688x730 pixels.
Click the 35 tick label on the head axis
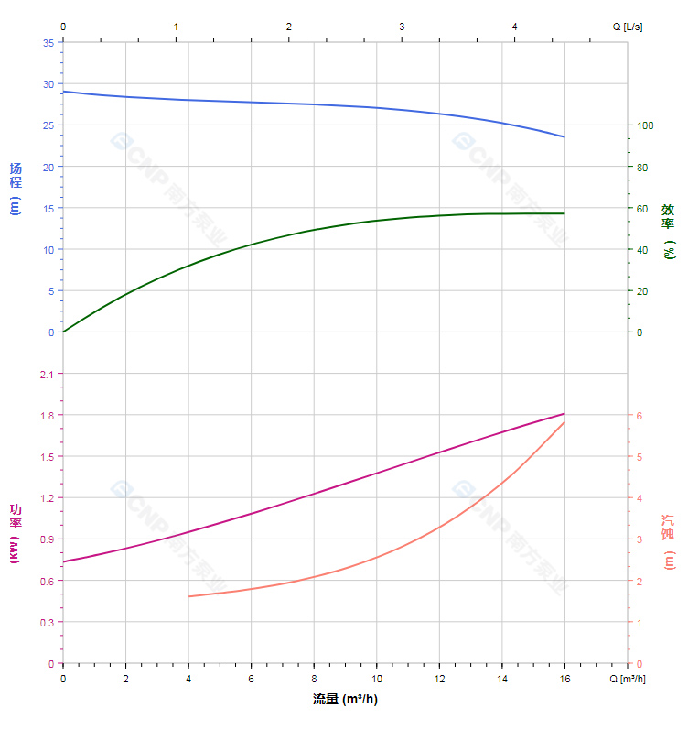[x=48, y=42]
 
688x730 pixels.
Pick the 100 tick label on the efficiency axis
[x=644, y=125]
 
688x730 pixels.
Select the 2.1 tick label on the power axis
[x=47, y=374]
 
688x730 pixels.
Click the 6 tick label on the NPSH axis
[x=640, y=416]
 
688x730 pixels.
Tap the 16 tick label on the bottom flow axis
[x=564, y=679]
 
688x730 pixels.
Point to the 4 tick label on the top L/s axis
[x=515, y=27]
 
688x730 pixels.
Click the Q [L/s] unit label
[x=628, y=27]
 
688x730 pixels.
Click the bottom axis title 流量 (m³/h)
[x=345, y=700]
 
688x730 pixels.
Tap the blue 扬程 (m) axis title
[x=15, y=188]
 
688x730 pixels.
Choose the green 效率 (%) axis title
[x=669, y=229]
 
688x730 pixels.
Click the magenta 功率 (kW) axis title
[x=15, y=533]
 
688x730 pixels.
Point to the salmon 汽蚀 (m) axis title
[x=669, y=540]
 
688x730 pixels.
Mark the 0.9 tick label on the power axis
[x=47, y=539]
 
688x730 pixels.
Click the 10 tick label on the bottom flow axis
[x=376, y=679]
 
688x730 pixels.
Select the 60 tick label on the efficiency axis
[x=642, y=209]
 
